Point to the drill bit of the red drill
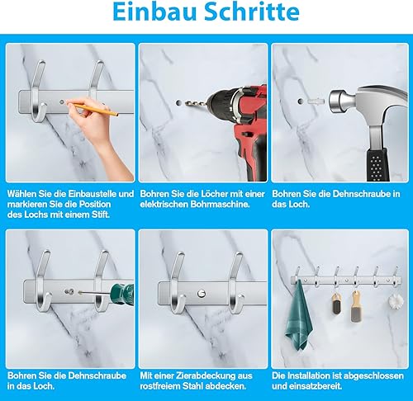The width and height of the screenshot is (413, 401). pyautogui.click(x=196, y=104)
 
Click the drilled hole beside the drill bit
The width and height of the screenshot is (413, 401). pyautogui.click(x=178, y=103)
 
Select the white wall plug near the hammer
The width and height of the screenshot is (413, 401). pyautogui.click(x=316, y=101)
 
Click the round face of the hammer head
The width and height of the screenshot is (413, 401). pyautogui.click(x=334, y=101)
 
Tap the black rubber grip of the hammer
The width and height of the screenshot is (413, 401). pyautogui.click(x=377, y=165)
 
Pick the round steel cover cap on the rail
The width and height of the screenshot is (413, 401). pyautogui.click(x=202, y=294)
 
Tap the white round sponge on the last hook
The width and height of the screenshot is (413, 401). pyautogui.click(x=395, y=300)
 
